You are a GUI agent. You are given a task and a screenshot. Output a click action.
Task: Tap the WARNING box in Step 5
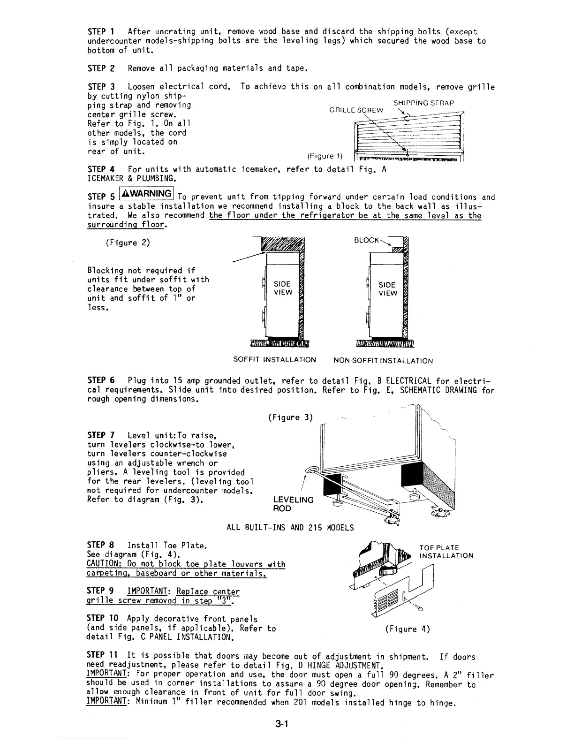(x=147, y=193)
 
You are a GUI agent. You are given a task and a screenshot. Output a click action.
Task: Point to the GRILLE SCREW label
(x=356, y=111)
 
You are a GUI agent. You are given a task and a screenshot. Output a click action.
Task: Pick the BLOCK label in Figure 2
(x=366, y=240)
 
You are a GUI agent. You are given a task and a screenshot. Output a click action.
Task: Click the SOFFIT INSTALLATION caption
(x=274, y=360)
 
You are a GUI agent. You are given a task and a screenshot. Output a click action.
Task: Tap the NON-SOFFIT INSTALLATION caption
(x=383, y=361)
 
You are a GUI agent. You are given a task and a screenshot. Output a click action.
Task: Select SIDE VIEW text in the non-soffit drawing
(x=387, y=289)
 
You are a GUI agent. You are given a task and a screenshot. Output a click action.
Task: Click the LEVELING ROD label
(x=293, y=504)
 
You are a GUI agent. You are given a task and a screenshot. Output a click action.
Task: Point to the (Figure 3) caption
(x=290, y=417)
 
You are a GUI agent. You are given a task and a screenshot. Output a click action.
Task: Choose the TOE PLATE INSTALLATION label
(x=446, y=552)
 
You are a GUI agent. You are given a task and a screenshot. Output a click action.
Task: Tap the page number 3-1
(x=281, y=724)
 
